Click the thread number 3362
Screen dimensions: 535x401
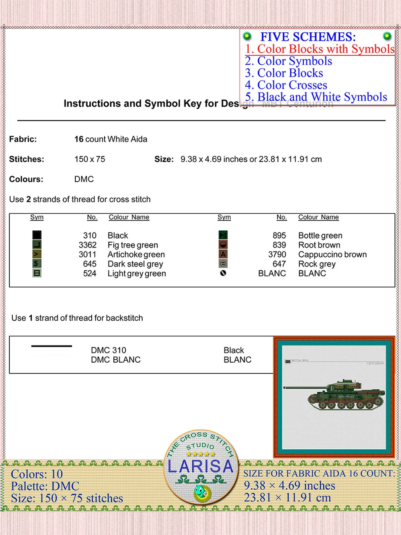pyautogui.click(x=88, y=245)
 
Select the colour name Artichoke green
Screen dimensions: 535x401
pyautogui.click(x=136, y=254)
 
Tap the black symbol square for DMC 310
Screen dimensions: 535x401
pyautogui.click(x=37, y=235)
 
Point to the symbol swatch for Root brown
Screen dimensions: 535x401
pyautogui.click(x=223, y=245)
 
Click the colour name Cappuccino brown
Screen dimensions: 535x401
pyautogui.click(x=332, y=254)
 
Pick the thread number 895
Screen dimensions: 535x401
pyautogui.click(x=279, y=236)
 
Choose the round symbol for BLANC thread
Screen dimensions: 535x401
pyautogui.click(x=223, y=273)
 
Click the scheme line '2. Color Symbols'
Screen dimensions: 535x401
pyautogui.click(x=288, y=61)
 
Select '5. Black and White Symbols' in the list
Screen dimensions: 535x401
pyautogui.click(x=316, y=97)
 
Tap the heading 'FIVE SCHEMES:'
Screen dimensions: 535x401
pyautogui.click(x=308, y=37)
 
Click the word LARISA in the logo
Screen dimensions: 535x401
pyautogui.click(x=200, y=466)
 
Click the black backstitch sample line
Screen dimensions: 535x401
pyautogui.click(x=52, y=346)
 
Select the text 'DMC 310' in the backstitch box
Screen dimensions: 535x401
pyautogui.click(x=108, y=350)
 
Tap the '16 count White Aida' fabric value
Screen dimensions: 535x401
pyautogui.click(x=111, y=139)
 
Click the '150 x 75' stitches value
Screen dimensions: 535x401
pyautogui.click(x=89, y=159)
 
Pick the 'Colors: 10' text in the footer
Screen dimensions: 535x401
pyautogui.click(x=37, y=474)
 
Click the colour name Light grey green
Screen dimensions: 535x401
pyautogui.click(x=137, y=273)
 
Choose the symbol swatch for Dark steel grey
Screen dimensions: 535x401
pyautogui.click(x=37, y=264)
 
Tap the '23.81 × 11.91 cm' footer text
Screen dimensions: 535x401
pyautogui.click(x=287, y=497)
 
